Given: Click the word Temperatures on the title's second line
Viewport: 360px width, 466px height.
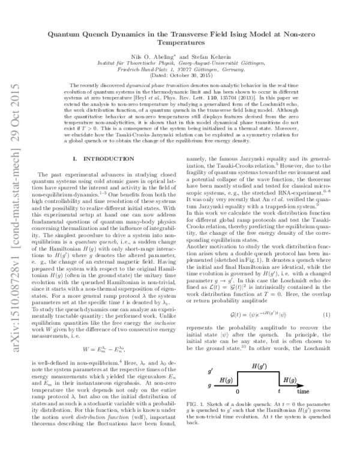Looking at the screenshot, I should (179, 44).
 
